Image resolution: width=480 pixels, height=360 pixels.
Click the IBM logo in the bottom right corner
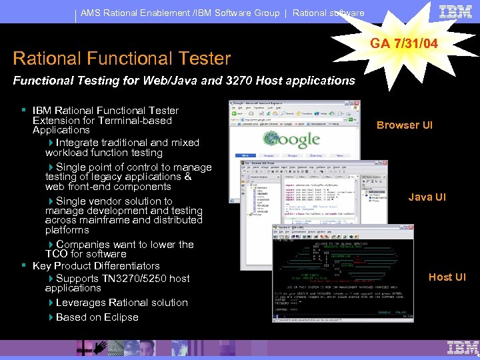[463, 348]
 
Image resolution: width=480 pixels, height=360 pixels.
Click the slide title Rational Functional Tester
[121, 59]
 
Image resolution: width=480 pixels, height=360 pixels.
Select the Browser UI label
[405, 125]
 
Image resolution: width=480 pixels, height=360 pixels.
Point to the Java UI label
[427, 197]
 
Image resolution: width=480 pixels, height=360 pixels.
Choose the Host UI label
[447, 277]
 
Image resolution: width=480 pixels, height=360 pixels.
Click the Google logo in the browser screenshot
[291, 139]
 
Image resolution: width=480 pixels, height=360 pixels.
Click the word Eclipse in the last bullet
[120, 317]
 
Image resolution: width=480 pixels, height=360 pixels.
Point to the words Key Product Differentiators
[96, 265]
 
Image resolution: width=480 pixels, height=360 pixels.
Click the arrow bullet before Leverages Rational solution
[51, 303]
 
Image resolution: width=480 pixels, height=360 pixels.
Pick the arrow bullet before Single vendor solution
[51, 201]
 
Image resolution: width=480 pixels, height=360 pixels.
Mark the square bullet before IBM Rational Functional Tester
[23, 110]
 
